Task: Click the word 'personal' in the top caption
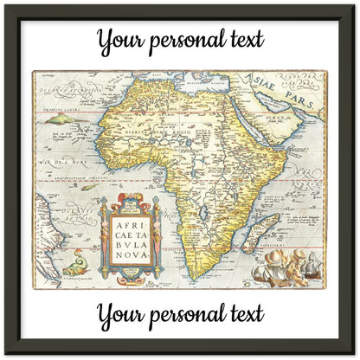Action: click(x=186, y=41)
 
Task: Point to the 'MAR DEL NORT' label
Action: click(x=56, y=161)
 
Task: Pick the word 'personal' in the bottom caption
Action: click(x=186, y=315)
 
